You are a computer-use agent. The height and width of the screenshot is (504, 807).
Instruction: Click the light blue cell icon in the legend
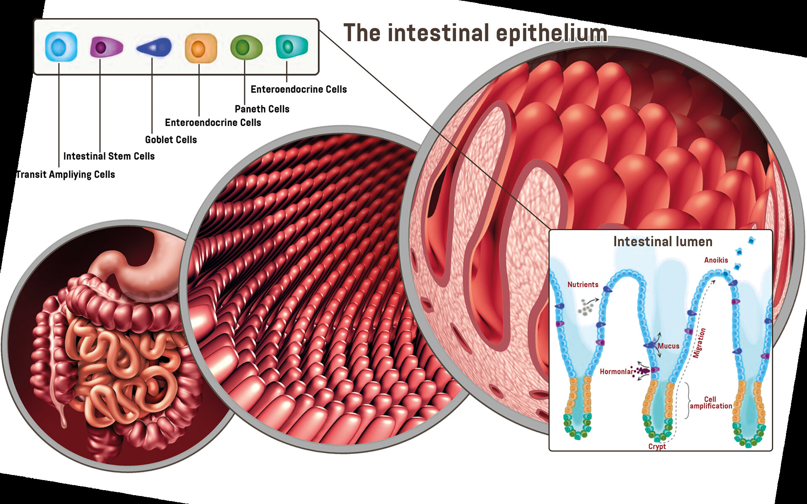[61, 47]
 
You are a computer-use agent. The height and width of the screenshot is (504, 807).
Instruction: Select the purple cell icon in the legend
[106, 47]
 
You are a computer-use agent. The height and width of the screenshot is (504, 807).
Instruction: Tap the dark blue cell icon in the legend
[154, 47]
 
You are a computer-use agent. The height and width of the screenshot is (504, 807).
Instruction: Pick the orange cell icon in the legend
[200, 48]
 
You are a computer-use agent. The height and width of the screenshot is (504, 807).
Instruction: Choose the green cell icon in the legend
[246, 47]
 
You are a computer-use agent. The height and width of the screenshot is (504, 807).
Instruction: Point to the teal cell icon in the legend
[291, 46]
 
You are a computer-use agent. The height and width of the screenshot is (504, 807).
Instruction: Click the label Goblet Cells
[171, 140]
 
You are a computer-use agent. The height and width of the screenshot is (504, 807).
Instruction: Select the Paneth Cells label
[262, 109]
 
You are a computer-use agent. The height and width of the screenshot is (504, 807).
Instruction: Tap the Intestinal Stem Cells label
[109, 156]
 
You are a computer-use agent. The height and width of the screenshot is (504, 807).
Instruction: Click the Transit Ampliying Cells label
[66, 175]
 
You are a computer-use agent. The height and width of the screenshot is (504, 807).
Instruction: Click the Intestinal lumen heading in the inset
[663, 241]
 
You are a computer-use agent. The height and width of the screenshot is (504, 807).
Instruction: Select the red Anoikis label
[716, 260]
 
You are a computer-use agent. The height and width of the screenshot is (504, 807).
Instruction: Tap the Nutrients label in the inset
[583, 285]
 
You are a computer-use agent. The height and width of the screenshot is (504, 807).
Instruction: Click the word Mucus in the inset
[668, 346]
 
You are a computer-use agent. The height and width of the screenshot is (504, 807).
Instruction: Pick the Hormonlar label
[616, 372]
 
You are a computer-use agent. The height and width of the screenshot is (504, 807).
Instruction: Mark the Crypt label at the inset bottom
[657, 446]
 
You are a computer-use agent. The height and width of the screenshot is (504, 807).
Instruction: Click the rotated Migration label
[699, 343]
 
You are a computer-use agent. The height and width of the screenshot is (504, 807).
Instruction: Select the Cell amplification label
[710, 403]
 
